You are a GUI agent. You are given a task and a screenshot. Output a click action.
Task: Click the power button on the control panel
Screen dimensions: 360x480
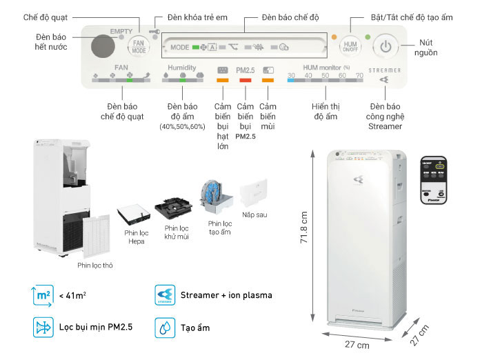click(386, 48)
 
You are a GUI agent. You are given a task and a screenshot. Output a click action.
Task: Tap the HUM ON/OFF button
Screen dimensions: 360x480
click(350, 47)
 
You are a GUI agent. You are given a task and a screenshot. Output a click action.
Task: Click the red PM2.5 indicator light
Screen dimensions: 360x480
click(245, 81)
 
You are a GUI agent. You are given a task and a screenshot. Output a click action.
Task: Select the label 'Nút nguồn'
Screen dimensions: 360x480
click(429, 48)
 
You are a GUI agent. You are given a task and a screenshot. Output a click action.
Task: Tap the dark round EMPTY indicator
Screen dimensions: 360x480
click(103, 47)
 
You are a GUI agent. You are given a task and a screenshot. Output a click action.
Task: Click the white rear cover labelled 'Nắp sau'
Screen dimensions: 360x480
click(254, 195)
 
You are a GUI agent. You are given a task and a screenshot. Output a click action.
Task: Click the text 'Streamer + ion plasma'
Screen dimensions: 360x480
click(226, 295)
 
